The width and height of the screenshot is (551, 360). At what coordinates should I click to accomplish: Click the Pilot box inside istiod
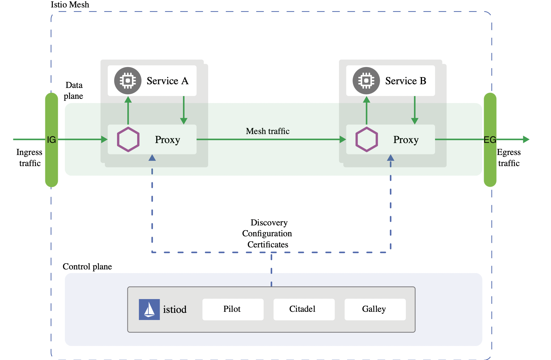point(233,309)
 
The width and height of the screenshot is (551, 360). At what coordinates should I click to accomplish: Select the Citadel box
point(304,309)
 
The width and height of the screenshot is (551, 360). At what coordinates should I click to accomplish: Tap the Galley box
point(375,309)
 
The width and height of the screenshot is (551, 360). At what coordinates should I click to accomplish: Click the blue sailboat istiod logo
point(149,309)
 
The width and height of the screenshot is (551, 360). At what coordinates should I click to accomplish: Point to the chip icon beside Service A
point(128,81)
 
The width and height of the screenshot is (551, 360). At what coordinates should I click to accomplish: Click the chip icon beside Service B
point(366,81)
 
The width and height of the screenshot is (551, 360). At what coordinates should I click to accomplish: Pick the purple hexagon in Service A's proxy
point(128,139)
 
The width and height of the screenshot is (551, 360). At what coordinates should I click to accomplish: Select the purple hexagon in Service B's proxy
point(366,139)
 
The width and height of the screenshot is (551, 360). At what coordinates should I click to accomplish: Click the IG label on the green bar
point(51,140)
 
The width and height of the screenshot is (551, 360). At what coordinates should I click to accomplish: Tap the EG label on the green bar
point(490,140)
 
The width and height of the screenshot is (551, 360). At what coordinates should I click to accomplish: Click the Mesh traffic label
point(267,131)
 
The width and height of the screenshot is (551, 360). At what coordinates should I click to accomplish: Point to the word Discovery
point(269,223)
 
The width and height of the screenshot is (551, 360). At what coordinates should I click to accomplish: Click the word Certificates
point(268,245)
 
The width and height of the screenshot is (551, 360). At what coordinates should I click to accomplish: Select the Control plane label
point(87,266)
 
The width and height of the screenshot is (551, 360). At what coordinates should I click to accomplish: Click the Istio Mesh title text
point(70,5)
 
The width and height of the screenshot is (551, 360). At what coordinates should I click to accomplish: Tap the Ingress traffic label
point(29,158)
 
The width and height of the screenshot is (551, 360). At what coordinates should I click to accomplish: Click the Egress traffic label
point(509,158)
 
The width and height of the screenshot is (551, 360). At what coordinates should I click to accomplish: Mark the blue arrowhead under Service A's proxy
point(152,158)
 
